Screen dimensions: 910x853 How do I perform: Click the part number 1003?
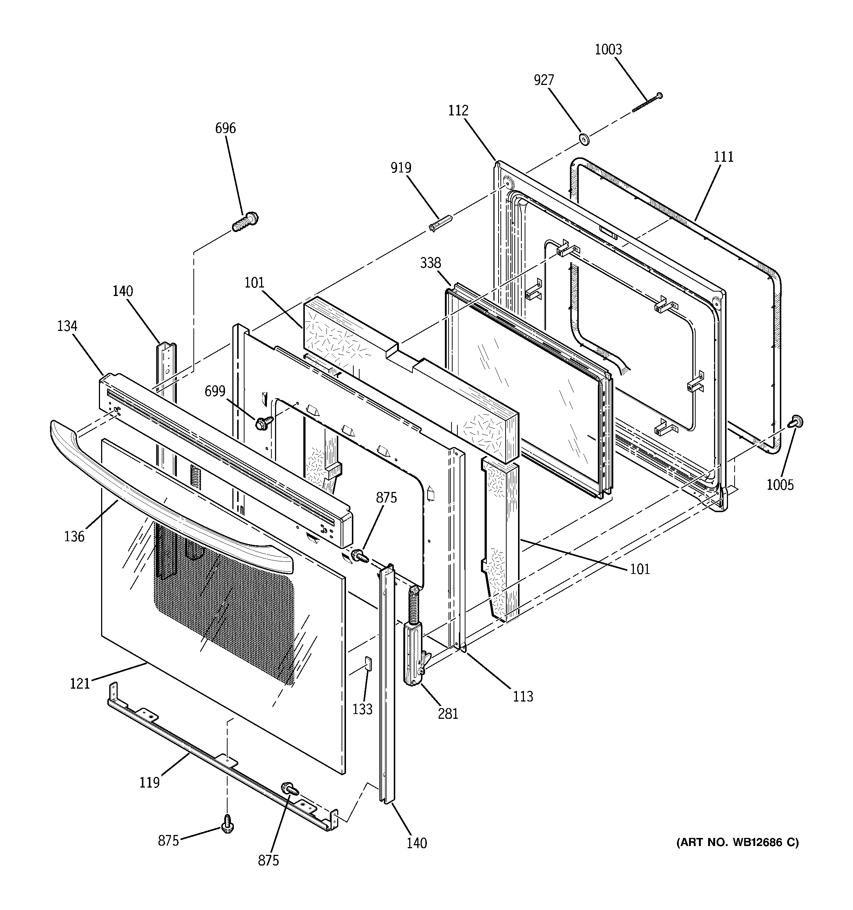click(608, 49)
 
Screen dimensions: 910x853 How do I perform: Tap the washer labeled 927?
click(584, 139)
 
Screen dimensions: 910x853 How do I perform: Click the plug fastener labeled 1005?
click(796, 422)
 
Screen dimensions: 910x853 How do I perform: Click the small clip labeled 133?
click(368, 663)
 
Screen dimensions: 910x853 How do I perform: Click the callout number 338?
click(431, 263)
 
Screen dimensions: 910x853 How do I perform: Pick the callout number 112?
click(458, 110)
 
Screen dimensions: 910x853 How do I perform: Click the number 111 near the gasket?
click(724, 157)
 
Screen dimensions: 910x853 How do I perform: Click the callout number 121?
click(80, 684)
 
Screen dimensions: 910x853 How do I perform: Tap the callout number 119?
click(149, 782)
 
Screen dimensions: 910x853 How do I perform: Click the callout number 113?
click(523, 696)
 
